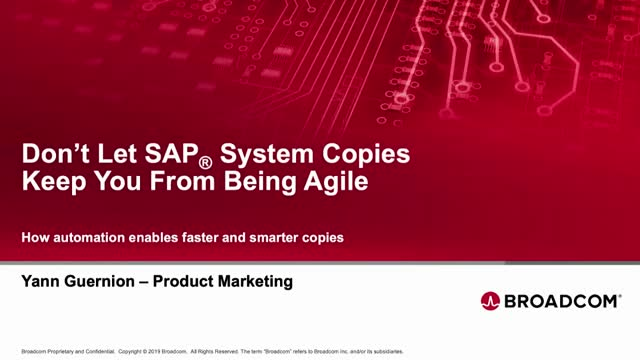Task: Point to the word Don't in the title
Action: pyautogui.click(x=52, y=157)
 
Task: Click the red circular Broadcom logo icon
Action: pyautogui.click(x=491, y=300)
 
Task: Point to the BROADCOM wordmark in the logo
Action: pyautogui.click(x=560, y=300)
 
